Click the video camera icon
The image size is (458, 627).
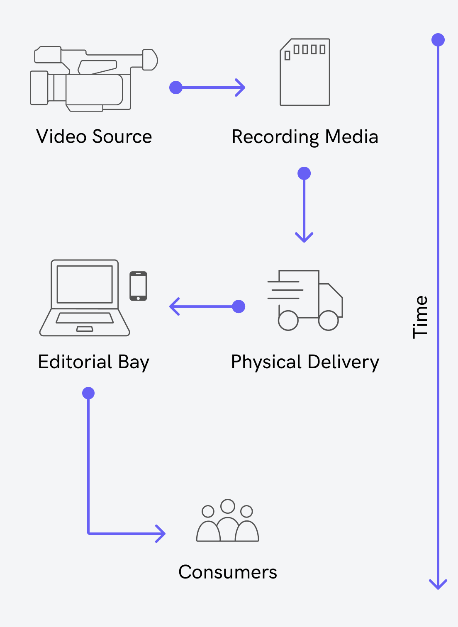tap(93, 79)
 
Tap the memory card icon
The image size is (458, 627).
tap(305, 72)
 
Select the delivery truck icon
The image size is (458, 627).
tap(305, 300)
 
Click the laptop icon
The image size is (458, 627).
tap(85, 298)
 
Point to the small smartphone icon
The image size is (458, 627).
tap(138, 286)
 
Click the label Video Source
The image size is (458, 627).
tap(94, 136)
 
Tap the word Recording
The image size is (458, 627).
tap(275, 137)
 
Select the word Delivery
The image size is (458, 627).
tap(343, 362)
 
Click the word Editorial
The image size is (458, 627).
tap(75, 362)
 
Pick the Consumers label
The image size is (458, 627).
tap(228, 572)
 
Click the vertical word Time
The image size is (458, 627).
tap(420, 317)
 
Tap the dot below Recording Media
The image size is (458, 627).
tap(304, 173)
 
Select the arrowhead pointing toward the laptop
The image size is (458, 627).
tap(173, 306)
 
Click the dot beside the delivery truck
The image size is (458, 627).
tap(239, 306)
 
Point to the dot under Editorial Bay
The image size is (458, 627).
tap(88, 393)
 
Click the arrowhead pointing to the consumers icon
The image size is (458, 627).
tap(161, 533)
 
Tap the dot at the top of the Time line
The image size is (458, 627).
tap(438, 40)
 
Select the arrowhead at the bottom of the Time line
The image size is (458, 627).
tap(438, 585)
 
